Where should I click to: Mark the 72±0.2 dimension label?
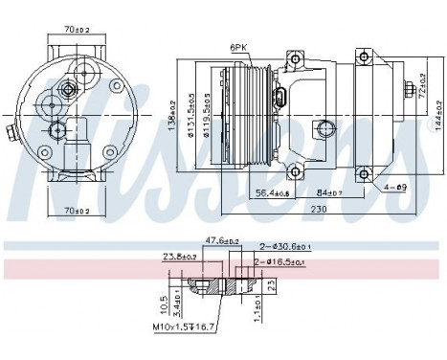(421, 75)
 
